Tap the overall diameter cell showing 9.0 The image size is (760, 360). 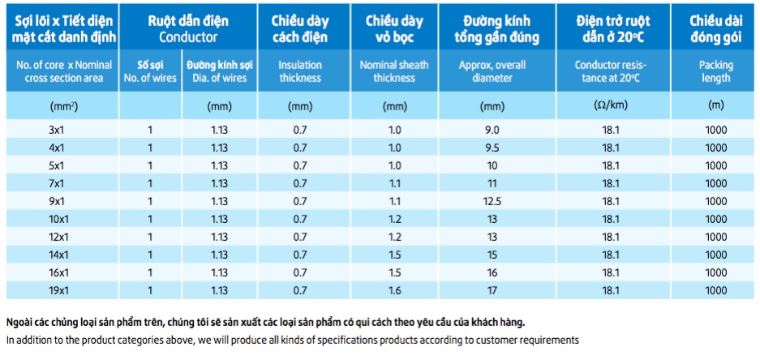pos(492,130)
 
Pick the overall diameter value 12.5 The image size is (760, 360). pos(492,201)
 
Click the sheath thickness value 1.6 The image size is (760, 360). pos(395,291)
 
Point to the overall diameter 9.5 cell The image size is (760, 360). pos(492,148)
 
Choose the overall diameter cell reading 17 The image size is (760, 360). pos(492,291)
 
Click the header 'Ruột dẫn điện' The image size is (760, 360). pos(188,21)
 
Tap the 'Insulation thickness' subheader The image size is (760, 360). pos(299,71)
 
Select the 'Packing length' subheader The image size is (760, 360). pos(715,71)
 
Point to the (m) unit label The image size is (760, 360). pos(715,106)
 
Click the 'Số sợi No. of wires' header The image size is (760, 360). pos(150,71)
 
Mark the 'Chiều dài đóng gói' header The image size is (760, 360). pos(715,29)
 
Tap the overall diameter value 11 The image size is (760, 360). pos(492,183)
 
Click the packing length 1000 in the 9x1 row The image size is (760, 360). pos(715,201)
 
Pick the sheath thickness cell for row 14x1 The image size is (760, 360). pos(395,255)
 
